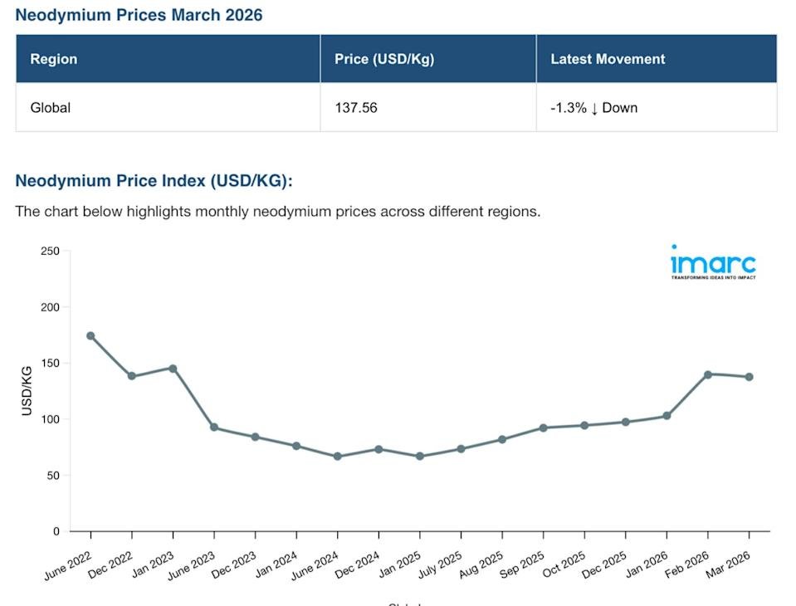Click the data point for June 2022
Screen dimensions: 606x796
(x=90, y=336)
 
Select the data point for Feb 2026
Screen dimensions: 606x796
(x=708, y=374)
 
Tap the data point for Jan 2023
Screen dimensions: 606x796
(x=173, y=368)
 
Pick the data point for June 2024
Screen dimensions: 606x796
(x=337, y=457)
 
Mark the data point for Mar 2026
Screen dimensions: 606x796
(x=749, y=377)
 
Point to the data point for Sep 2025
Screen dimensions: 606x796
(x=543, y=428)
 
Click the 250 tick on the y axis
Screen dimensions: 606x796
(x=50, y=251)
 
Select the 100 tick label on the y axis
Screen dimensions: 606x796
(x=50, y=419)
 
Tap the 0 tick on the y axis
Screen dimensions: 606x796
(x=56, y=531)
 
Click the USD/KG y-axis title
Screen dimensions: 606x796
(x=27, y=390)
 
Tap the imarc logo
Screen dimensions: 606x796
(x=713, y=262)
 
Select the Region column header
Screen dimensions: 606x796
(x=54, y=59)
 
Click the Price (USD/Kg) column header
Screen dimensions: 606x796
(x=384, y=59)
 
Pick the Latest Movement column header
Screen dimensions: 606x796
(x=608, y=59)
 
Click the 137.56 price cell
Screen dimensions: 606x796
(x=356, y=107)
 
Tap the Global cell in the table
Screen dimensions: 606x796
(x=51, y=107)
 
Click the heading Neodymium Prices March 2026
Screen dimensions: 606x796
(x=139, y=15)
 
